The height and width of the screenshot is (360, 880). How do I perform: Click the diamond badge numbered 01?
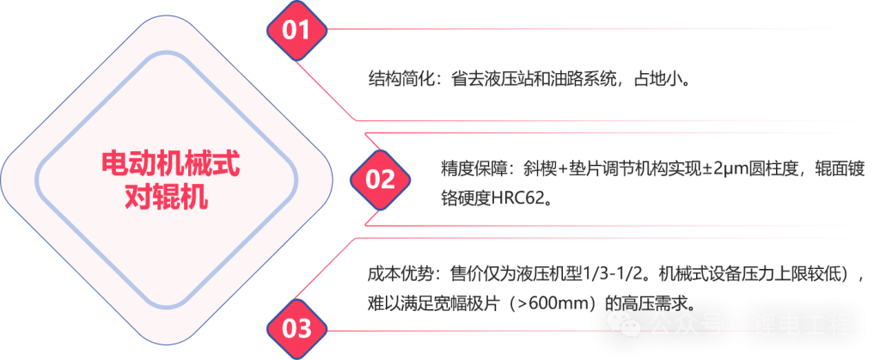click(296, 31)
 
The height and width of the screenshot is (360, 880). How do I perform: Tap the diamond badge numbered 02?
click(380, 180)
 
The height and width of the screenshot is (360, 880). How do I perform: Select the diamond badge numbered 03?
click(296, 329)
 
